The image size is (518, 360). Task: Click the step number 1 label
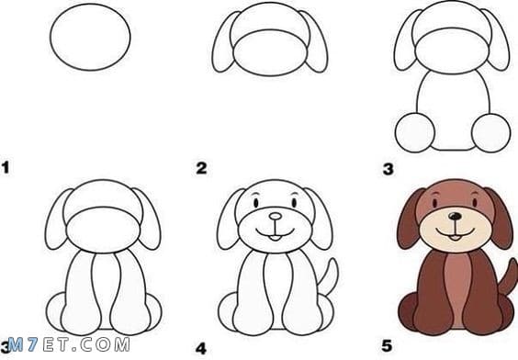[x=6, y=167]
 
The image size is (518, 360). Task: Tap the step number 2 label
[x=201, y=168]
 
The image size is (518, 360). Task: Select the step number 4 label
[x=201, y=349]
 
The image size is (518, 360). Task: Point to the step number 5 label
[x=387, y=346]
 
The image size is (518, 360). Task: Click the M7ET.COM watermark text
[x=69, y=344]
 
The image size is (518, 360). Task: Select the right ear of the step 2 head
[x=316, y=42]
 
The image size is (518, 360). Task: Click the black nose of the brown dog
[x=456, y=217]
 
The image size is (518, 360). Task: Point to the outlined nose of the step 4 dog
[x=276, y=217]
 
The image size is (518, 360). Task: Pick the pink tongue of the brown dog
[x=456, y=238]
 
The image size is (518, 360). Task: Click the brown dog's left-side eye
[x=435, y=202]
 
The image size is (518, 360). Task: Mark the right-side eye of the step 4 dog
[x=294, y=202]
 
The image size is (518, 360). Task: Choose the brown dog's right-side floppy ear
[x=500, y=219]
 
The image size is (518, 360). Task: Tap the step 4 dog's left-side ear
[x=230, y=219]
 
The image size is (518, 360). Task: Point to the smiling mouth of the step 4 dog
[x=276, y=233]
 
